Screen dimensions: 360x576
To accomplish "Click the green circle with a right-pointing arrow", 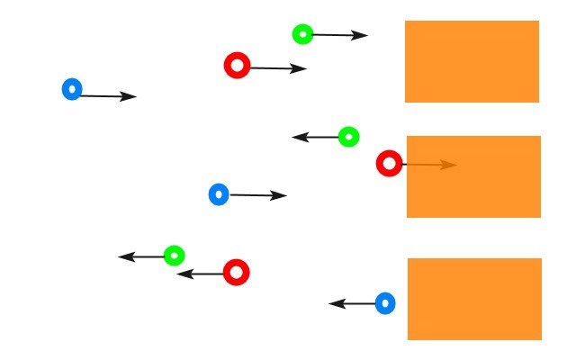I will (302, 34).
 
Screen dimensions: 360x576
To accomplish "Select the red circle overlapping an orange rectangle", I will (389, 164).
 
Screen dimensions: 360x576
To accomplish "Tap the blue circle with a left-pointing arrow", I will (385, 303).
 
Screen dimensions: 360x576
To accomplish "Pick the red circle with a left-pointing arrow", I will (236, 272).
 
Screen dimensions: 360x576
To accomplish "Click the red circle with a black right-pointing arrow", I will (237, 66).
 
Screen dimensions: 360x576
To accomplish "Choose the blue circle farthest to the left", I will (72, 89).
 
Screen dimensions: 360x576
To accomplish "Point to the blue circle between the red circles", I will (219, 193).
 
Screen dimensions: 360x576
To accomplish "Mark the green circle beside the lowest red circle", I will (174, 256).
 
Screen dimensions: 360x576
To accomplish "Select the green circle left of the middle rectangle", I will (349, 137).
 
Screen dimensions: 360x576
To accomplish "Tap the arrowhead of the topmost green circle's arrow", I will (361, 36).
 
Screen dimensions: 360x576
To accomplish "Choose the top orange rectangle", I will (472, 61).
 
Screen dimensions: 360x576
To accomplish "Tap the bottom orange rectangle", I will (474, 299).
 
